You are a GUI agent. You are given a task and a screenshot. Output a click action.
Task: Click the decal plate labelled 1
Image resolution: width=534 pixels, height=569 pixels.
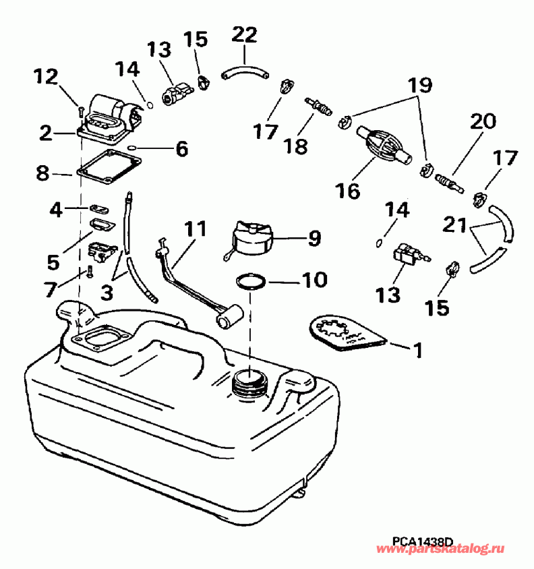click(x=347, y=335)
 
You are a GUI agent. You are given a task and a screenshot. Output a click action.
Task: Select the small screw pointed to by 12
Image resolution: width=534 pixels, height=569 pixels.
click(x=80, y=109)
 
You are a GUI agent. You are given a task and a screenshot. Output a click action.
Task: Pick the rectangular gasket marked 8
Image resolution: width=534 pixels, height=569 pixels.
click(x=109, y=166)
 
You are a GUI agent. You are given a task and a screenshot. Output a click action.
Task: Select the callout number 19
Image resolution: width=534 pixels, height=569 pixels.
click(x=418, y=85)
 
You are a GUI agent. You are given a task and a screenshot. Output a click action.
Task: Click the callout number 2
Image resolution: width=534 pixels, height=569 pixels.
click(x=45, y=133)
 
